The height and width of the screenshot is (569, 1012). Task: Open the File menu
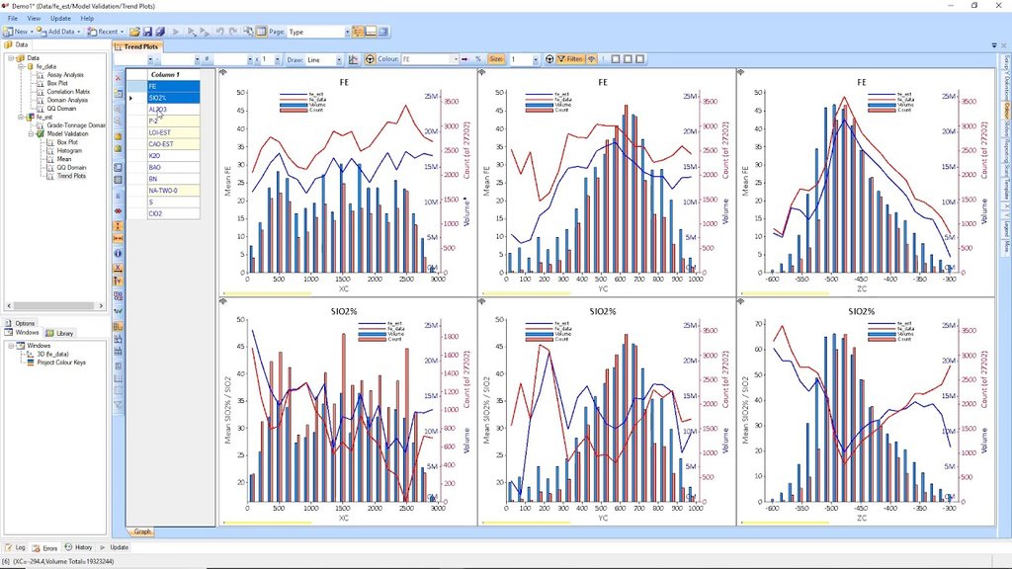pos(13,18)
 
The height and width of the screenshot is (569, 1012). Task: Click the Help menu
pos(87,18)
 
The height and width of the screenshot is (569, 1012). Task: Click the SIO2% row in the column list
pos(158,98)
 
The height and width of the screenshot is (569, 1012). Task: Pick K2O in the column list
pos(155,156)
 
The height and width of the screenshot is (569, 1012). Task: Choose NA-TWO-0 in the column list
pos(163,190)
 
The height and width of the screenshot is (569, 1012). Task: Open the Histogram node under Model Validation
pos(69,150)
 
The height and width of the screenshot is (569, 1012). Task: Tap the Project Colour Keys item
pos(61,362)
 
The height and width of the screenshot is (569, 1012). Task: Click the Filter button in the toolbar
pos(570,59)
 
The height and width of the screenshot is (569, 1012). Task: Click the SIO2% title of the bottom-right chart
pos(862,311)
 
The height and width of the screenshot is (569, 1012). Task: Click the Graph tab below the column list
pos(142,531)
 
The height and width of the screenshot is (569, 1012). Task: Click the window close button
pos(998,5)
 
